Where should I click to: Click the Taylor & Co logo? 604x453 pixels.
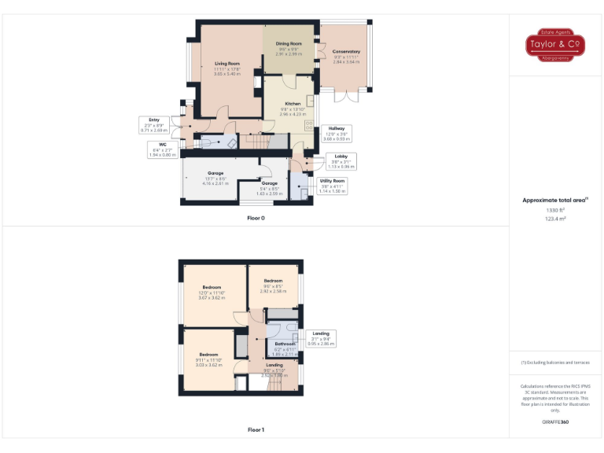coord(555,46)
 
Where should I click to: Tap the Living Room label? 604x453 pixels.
coord(227,68)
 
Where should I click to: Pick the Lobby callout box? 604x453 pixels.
coord(341,161)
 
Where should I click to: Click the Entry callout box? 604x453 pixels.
coord(154,124)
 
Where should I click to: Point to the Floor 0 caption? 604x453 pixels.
coord(256,217)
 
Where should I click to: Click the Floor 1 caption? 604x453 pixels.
coord(256,429)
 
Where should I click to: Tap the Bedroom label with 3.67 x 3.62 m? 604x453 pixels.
coord(212,293)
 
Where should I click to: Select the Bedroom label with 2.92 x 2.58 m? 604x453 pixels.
coord(273,285)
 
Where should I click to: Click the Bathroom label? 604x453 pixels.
coord(285,348)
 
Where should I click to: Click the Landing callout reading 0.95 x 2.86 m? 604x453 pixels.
coord(321,338)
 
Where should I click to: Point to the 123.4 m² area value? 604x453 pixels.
coord(555,219)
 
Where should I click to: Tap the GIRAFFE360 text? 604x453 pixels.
coord(555,422)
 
